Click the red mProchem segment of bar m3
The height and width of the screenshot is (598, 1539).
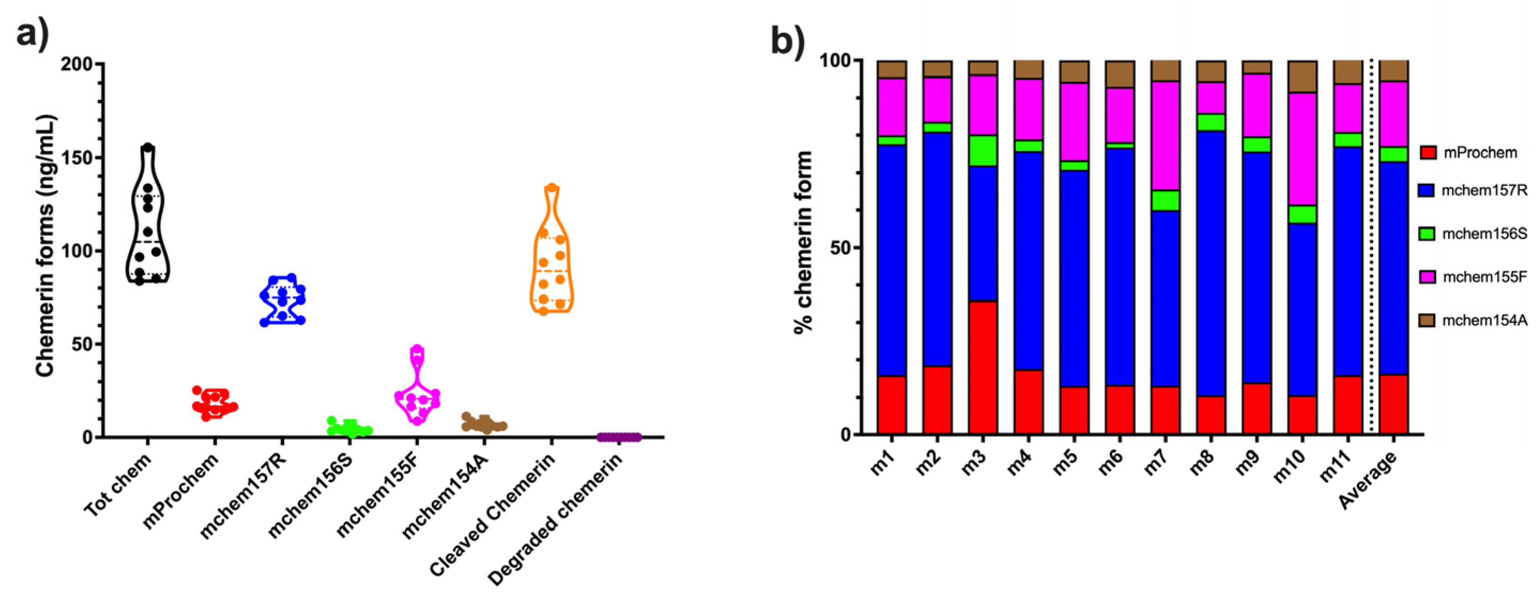click(x=983, y=367)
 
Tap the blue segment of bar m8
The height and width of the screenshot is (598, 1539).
click(x=1211, y=262)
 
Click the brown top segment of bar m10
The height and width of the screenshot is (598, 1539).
click(x=1302, y=76)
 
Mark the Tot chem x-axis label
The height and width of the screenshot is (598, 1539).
click(x=118, y=484)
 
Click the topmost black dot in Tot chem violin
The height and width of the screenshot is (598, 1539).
click(x=148, y=147)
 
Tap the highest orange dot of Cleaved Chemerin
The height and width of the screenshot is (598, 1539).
click(x=552, y=188)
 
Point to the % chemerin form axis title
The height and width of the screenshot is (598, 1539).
click(x=804, y=242)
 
